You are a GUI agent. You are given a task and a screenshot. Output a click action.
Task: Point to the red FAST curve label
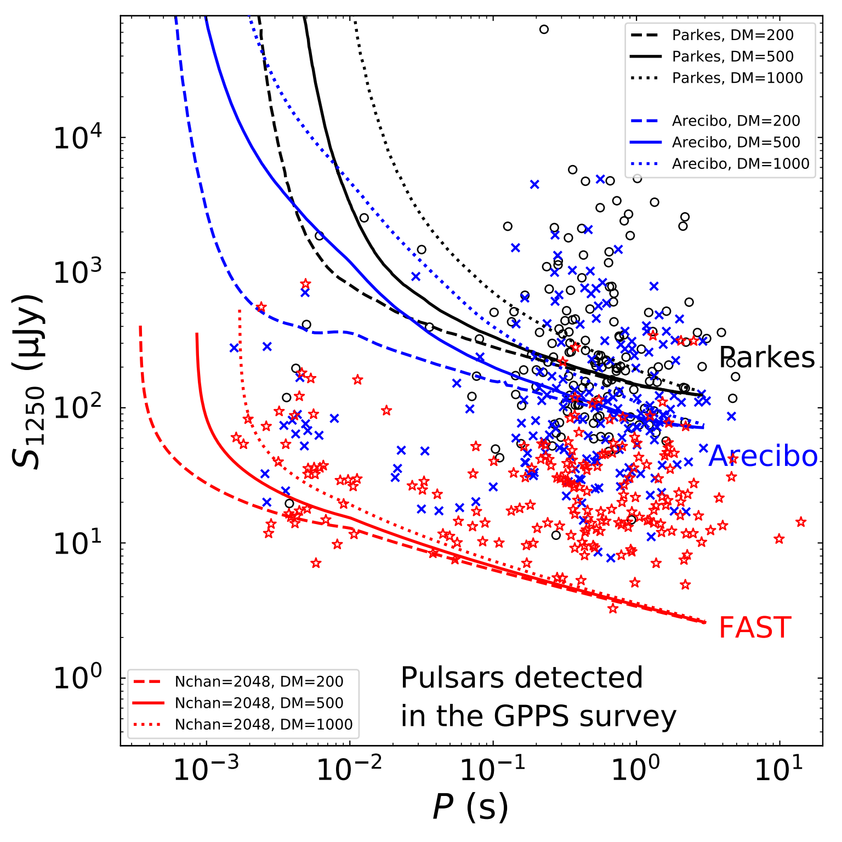[x=755, y=628]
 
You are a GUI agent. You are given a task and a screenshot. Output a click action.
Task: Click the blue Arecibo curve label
[x=763, y=456]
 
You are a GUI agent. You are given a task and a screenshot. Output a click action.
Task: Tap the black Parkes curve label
[x=766, y=357]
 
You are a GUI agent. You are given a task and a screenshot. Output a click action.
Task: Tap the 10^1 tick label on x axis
[x=778, y=771]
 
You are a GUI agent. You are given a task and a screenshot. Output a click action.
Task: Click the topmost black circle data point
[x=544, y=29]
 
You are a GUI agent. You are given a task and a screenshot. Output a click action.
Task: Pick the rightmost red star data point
[x=801, y=522]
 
